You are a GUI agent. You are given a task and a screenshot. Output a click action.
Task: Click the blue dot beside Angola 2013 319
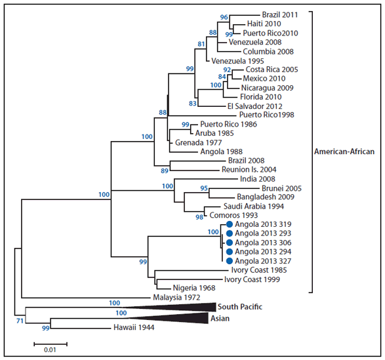[229, 224]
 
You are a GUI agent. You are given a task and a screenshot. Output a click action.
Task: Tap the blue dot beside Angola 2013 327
[229, 260]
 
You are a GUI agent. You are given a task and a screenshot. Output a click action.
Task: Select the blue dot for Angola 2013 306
[229, 242]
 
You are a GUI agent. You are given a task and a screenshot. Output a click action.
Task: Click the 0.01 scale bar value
[51, 350]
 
